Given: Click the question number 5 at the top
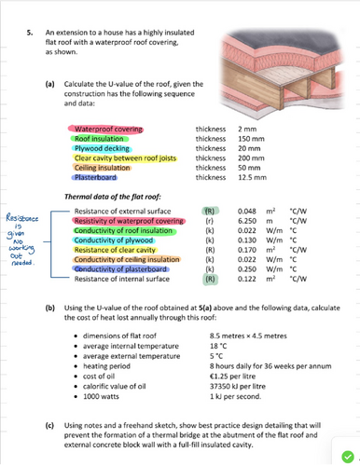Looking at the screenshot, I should click(30, 33).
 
